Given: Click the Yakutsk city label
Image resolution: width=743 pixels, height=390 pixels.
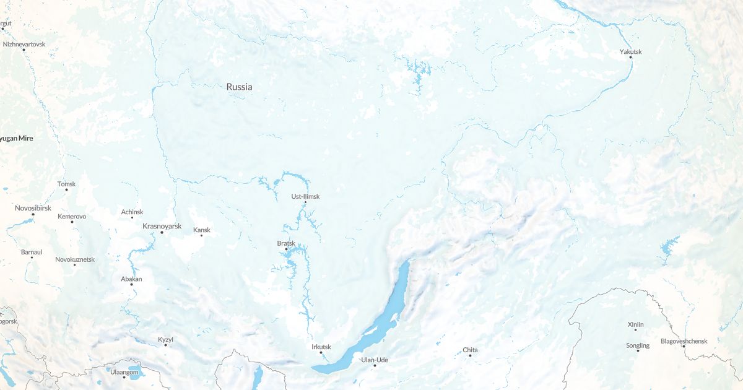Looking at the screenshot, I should (630, 51).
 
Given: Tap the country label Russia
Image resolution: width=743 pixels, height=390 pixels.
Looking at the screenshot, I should (239, 87).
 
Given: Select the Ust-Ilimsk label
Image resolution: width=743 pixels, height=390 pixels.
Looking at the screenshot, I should (305, 196).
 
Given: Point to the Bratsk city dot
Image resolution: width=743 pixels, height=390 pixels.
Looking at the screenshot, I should (286, 249).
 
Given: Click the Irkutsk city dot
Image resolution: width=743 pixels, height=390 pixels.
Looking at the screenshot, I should (321, 353).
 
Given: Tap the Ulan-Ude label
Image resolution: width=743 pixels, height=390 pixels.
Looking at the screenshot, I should (374, 359).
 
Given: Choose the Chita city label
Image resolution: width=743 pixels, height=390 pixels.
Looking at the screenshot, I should (471, 350).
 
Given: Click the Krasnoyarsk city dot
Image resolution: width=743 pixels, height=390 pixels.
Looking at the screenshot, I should (162, 232).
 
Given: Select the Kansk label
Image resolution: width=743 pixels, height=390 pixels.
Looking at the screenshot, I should (202, 230).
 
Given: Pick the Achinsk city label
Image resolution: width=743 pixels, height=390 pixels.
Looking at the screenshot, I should (132, 212).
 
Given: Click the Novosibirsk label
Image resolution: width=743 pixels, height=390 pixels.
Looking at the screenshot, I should (33, 208).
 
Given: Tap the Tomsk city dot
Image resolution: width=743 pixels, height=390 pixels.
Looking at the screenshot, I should (66, 189).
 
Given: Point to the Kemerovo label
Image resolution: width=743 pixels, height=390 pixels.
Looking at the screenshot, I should (72, 216).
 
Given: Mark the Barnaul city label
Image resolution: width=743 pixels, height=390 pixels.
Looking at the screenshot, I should (32, 252).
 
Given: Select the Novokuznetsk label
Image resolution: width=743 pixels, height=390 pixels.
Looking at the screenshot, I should (75, 259).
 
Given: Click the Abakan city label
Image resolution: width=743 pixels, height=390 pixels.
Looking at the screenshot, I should (131, 279).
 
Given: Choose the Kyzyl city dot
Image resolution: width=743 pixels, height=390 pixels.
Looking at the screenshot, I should (165, 345).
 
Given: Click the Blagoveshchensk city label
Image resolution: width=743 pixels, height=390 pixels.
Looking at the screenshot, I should (684, 340).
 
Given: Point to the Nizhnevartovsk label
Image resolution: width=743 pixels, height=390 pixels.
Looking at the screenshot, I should (24, 45).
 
